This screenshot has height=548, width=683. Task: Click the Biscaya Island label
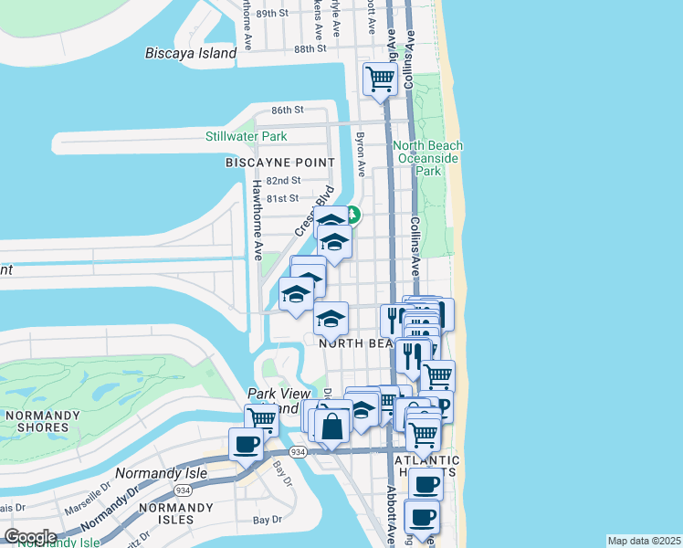point(191,53)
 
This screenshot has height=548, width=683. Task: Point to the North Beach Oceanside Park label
point(427,158)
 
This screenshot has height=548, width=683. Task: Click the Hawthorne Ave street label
point(257,216)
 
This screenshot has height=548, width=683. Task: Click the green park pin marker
point(352,216)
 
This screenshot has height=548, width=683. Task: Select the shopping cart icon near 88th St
point(379,79)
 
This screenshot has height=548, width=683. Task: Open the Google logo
point(29,537)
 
